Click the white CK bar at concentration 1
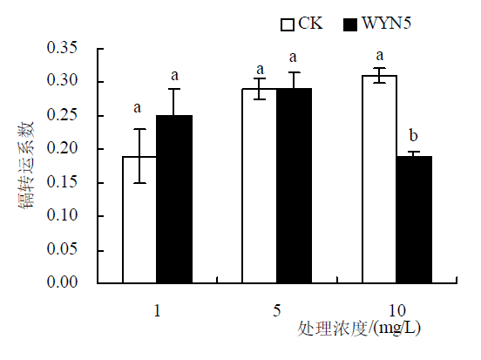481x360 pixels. pyautogui.click(x=139, y=220)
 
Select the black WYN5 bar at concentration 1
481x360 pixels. pyautogui.click(x=174, y=199)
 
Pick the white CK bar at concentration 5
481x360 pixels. pyautogui.click(x=260, y=186)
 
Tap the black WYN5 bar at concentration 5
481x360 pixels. pyautogui.click(x=295, y=186)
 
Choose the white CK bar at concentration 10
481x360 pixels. pyautogui.click(x=379, y=179)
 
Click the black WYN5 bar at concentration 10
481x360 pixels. pyautogui.click(x=414, y=220)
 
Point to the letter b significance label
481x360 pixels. pyautogui.click(x=414, y=135)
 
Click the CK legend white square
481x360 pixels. pyautogui.click(x=288, y=24)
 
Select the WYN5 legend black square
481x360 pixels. pyautogui.click(x=350, y=24)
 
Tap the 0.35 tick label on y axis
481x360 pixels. pyautogui.click(x=62, y=48)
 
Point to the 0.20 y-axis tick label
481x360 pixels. pyautogui.click(x=62, y=148)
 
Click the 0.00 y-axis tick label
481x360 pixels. pyautogui.click(x=62, y=282)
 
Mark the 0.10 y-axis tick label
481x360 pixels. pyautogui.click(x=62, y=215)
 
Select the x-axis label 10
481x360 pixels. pyautogui.click(x=397, y=310)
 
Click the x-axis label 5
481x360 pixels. pyautogui.click(x=277, y=310)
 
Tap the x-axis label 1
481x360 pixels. pyautogui.click(x=157, y=310)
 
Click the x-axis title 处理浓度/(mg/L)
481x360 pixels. pyautogui.click(x=359, y=329)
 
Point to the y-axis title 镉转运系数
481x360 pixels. pyautogui.click(x=26, y=166)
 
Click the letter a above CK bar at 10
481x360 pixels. pyautogui.click(x=380, y=56)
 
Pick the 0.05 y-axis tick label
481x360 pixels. pyautogui.click(x=62, y=248)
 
